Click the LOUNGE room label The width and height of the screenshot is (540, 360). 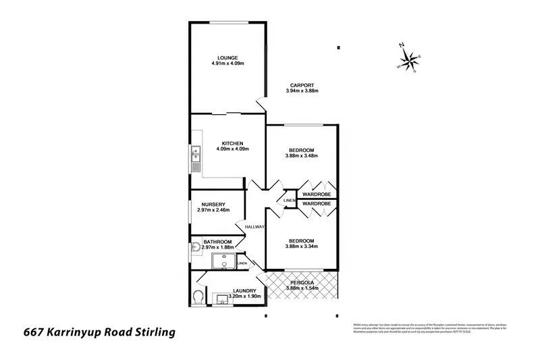[x=227, y=57]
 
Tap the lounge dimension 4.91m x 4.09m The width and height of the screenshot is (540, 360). [x=227, y=63]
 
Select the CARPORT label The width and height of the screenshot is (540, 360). [x=301, y=84]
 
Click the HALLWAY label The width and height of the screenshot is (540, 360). [x=254, y=227]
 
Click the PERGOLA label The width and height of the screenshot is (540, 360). [x=301, y=282]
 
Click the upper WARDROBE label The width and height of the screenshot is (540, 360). [x=316, y=194]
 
